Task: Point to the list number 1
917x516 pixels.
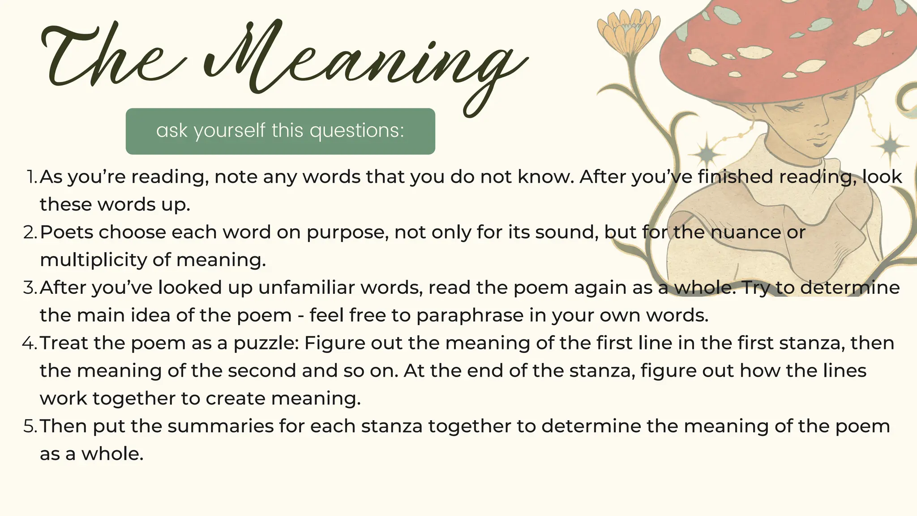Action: pyautogui.click(x=31, y=177)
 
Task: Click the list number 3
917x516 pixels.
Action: pyautogui.click(x=30, y=288)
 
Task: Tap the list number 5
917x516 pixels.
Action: pyautogui.click(x=30, y=426)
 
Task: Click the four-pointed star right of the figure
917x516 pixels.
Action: pyautogui.click(x=891, y=146)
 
